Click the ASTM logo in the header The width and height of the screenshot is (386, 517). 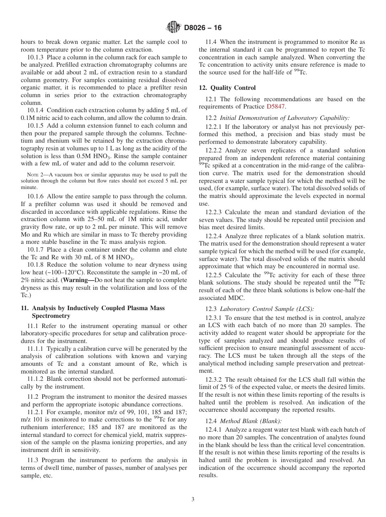point(174,28)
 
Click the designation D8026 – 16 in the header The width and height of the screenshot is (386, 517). point(203,28)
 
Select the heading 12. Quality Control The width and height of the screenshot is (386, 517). point(227,88)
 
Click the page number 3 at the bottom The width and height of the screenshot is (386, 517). point(193,499)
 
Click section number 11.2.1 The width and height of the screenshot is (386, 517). point(37,412)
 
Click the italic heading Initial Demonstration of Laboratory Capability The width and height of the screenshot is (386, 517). point(284,118)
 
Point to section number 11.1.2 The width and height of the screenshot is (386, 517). point(37,379)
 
